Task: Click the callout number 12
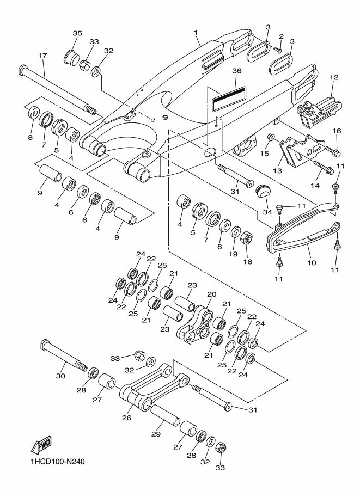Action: click(334, 78)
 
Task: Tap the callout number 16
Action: click(336, 131)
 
